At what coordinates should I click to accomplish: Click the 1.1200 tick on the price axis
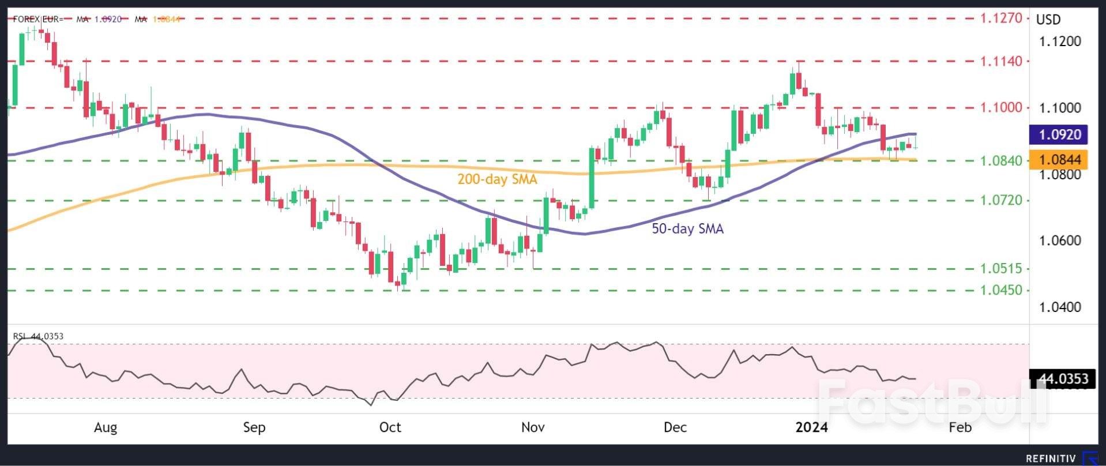pyautogui.click(x=1060, y=42)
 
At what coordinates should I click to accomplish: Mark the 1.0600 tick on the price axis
pyautogui.click(x=1060, y=240)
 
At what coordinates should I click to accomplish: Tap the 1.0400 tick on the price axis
pyautogui.click(x=1060, y=307)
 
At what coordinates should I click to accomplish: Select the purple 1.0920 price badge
pyautogui.click(x=1059, y=134)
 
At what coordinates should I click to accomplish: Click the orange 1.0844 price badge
pyautogui.click(x=1059, y=159)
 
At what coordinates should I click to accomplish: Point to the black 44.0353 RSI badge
pyautogui.click(x=1062, y=379)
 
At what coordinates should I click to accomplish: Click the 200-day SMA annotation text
pyautogui.click(x=497, y=179)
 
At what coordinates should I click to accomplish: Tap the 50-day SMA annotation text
pyautogui.click(x=687, y=229)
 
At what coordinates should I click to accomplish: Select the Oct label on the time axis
pyautogui.click(x=390, y=427)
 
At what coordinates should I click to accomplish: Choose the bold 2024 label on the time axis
pyautogui.click(x=811, y=427)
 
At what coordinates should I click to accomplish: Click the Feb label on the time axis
pyautogui.click(x=960, y=427)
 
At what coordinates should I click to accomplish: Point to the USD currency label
pyautogui.click(x=1048, y=20)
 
